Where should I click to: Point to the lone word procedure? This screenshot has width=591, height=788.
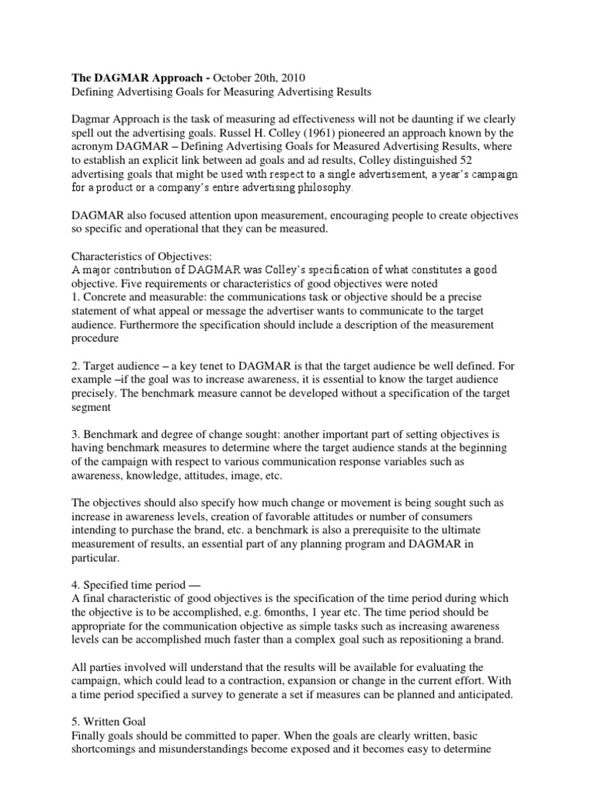coord(96,337)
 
